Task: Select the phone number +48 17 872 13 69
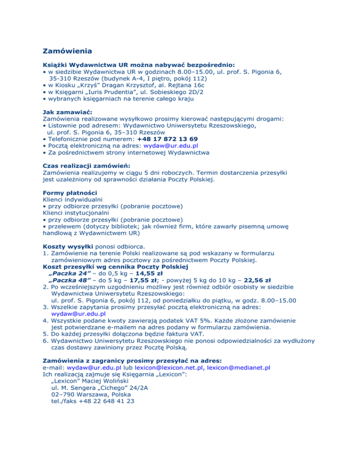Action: (x=167, y=139)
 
